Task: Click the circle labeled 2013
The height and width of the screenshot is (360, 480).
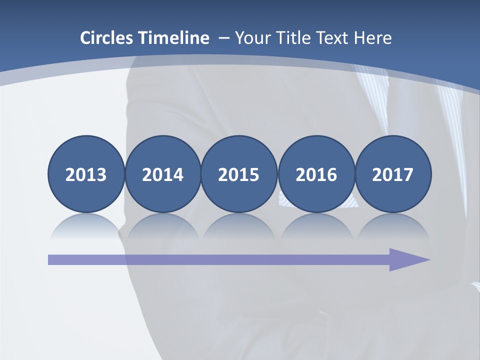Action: click(86, 174)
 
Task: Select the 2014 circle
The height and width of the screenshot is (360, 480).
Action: click(162, 174)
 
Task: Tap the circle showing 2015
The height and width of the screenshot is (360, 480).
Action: click(239, 174)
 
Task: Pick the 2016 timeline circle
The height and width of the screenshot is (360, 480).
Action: click(316, 174)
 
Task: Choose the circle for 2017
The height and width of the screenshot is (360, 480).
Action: click(393, 174)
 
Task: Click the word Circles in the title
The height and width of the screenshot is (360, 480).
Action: click(107, 38)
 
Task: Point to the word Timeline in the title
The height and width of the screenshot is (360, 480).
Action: click(174, 38)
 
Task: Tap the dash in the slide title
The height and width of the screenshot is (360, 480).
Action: click(223, 38)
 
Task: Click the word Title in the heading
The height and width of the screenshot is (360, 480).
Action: click(289, 38)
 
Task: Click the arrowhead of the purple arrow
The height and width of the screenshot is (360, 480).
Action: click(407, 259)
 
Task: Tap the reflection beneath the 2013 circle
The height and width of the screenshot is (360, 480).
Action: click(86, 226)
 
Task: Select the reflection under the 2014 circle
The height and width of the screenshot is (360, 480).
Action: click(162, 226)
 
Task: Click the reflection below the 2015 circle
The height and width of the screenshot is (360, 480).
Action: click(239, 226)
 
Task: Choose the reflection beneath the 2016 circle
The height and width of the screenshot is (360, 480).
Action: click(316, 226)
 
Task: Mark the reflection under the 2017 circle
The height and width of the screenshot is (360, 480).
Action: click(393, 226)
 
